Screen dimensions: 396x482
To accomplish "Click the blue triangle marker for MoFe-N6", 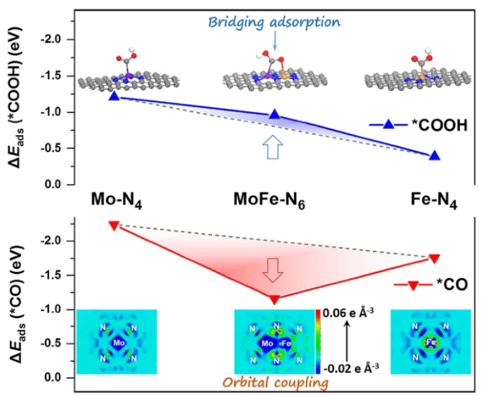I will click(274, 114).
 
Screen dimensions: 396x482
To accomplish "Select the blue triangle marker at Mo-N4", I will click(114, 96).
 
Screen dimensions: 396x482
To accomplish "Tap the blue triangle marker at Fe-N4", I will click(435, 156).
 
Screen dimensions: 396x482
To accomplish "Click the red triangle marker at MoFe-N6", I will click(274, 300).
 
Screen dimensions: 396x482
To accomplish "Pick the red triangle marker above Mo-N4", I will click(114, 225).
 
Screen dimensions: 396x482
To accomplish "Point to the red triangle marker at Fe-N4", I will click(435, 258).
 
